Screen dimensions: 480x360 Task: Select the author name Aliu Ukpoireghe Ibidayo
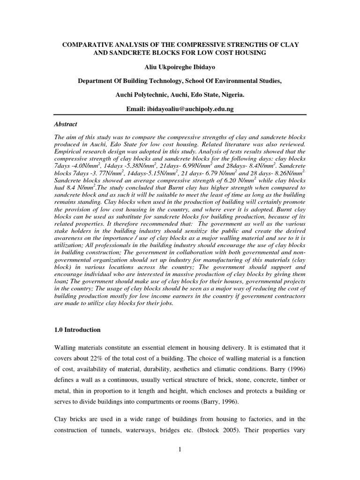click(180, 67)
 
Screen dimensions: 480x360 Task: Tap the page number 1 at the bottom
click(180, 450)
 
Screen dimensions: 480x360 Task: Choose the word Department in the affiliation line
click(97, 81)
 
